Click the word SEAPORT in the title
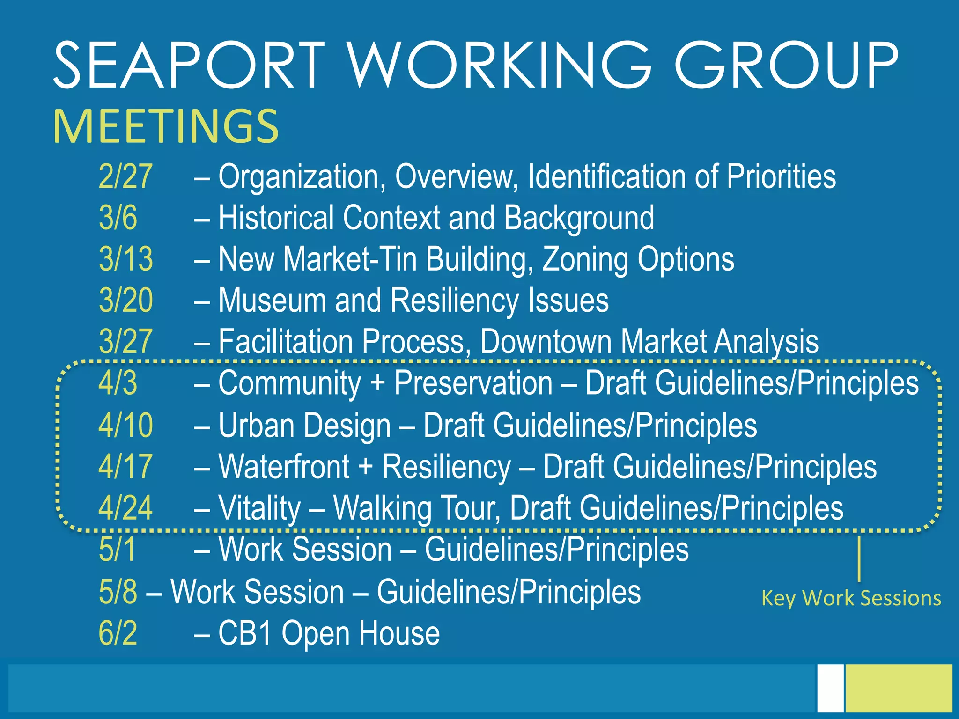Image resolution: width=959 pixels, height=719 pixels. point(189,65)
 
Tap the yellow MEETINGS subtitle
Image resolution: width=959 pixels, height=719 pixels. point(166,126)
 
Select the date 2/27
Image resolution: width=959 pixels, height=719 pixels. point(125,177)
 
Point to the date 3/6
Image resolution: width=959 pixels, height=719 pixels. point(118,218)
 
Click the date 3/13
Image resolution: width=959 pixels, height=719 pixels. point(125,259)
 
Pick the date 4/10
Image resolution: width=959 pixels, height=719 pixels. point(125,426)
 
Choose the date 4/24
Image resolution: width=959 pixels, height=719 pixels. point(125,508)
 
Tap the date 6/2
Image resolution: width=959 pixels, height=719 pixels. point(118,633)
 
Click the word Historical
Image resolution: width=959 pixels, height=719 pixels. point(276,218)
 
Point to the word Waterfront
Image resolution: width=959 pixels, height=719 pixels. point(284,467)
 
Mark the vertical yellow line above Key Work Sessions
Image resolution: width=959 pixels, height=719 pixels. point(859,559)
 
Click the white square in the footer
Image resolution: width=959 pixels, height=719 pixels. point(831,688)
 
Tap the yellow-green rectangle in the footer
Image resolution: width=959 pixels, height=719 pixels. point(899,688)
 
